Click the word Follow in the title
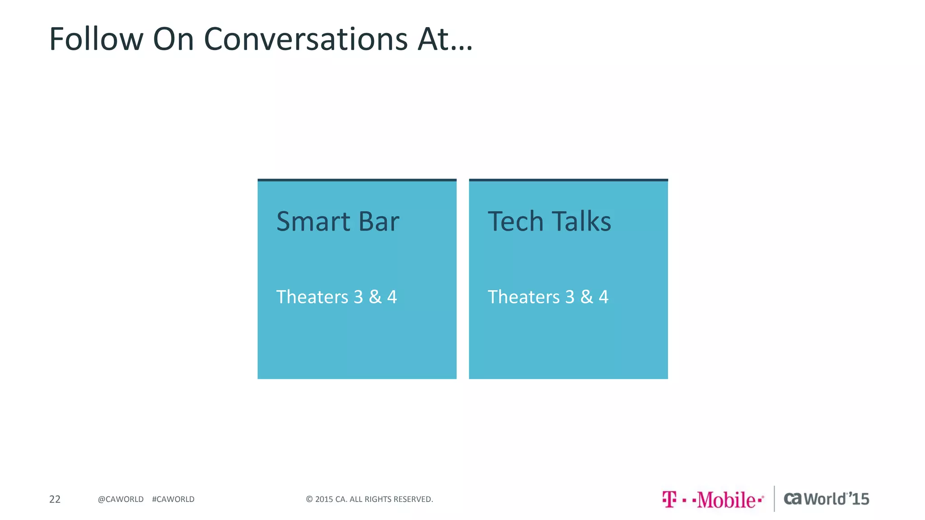[96, 39]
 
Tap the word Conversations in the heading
[306, 39]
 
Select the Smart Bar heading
[337, 222]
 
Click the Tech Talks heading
[549, 222]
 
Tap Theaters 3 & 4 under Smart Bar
[336, 297]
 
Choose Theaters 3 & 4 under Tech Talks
[548, 297]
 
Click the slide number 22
[55, 499]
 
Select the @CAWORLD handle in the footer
[121, 499]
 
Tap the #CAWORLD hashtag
[173, 499]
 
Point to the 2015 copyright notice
[369, 499]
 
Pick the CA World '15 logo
[826, 499]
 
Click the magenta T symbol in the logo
[669, 499]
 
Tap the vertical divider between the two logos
[774, 499]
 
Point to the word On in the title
[173, 39]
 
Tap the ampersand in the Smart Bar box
[375, 297]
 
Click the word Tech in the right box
[515, 222]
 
